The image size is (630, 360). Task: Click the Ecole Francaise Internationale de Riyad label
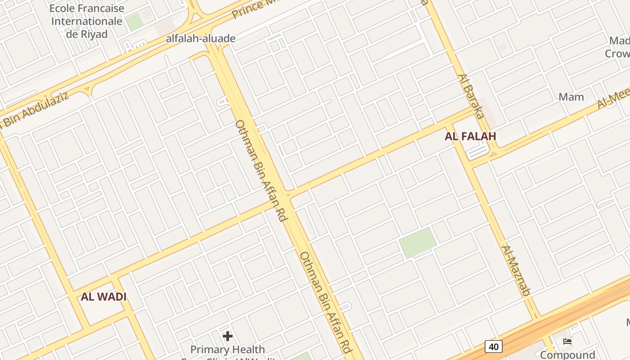pos(86,21)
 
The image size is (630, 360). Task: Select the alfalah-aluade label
pos(201,39)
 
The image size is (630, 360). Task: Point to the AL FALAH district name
pos(470,136)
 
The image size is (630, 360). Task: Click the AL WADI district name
pos(103,297)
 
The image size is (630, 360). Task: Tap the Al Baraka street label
pos(468,96)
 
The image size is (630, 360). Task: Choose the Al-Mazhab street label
pos(516,270)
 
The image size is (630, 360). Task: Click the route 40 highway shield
pos(494,346)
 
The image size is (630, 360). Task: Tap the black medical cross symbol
pos(228,336)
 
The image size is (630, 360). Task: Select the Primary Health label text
pos(228,350)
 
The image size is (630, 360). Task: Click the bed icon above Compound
pos(567,342)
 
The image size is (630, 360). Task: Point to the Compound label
pos(567,355)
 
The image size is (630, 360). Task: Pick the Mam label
pos(571,97)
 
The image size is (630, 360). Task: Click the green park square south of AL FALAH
pos(418,243)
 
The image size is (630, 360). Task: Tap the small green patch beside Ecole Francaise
pos(134,22)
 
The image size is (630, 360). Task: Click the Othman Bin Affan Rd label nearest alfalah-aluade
pos(261,170)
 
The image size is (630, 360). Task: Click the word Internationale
pos(86,21)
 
